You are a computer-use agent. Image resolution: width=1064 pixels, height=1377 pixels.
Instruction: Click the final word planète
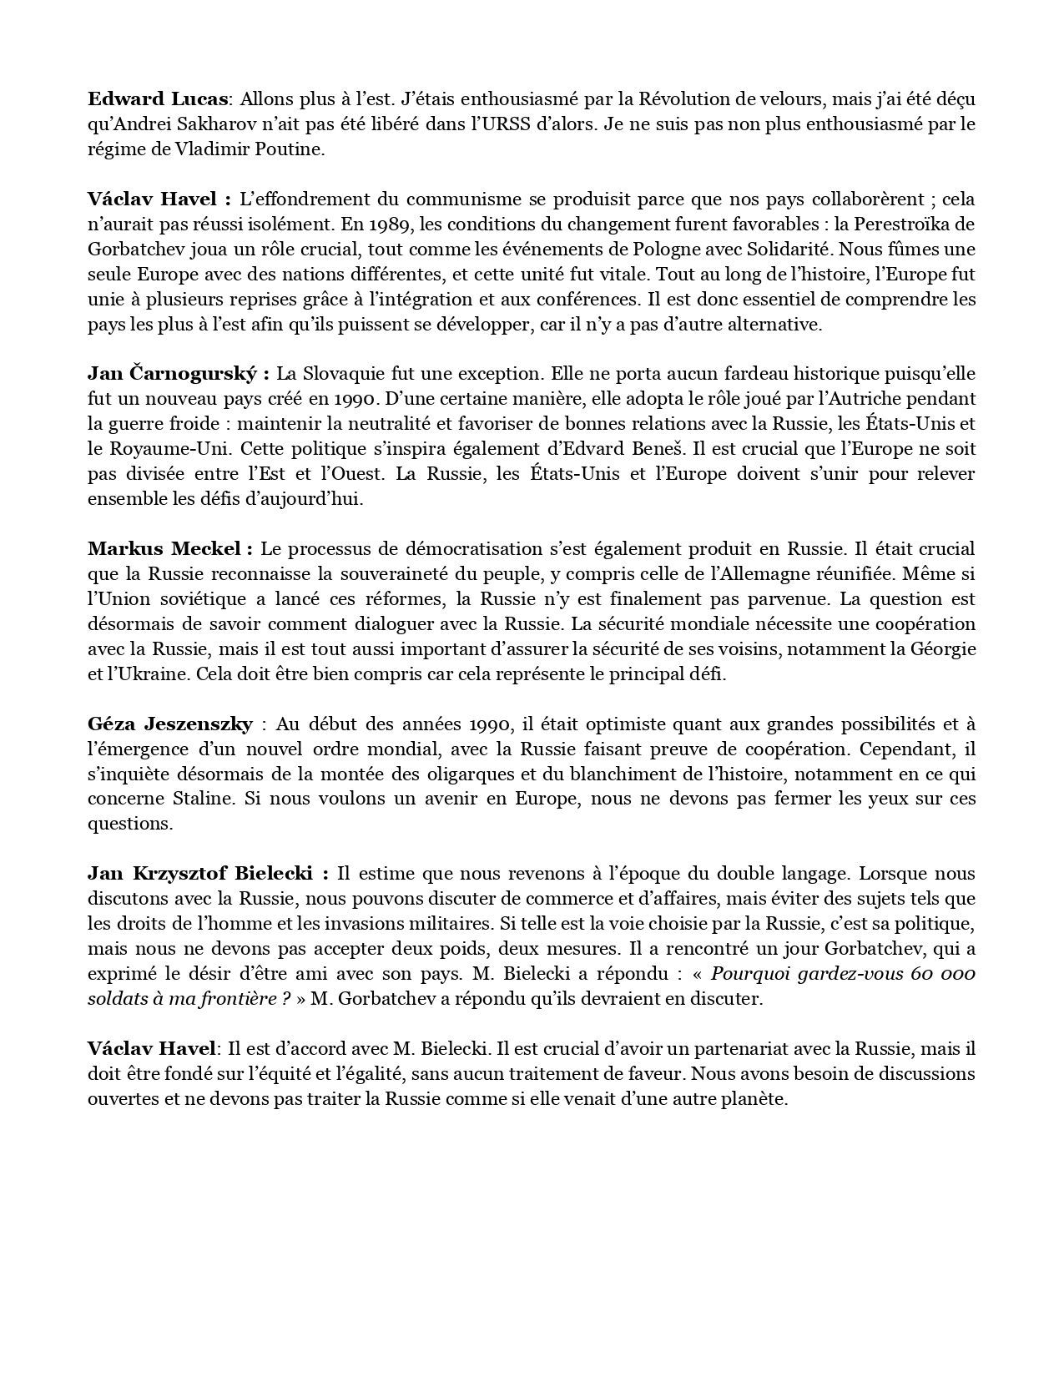(755, 1099)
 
